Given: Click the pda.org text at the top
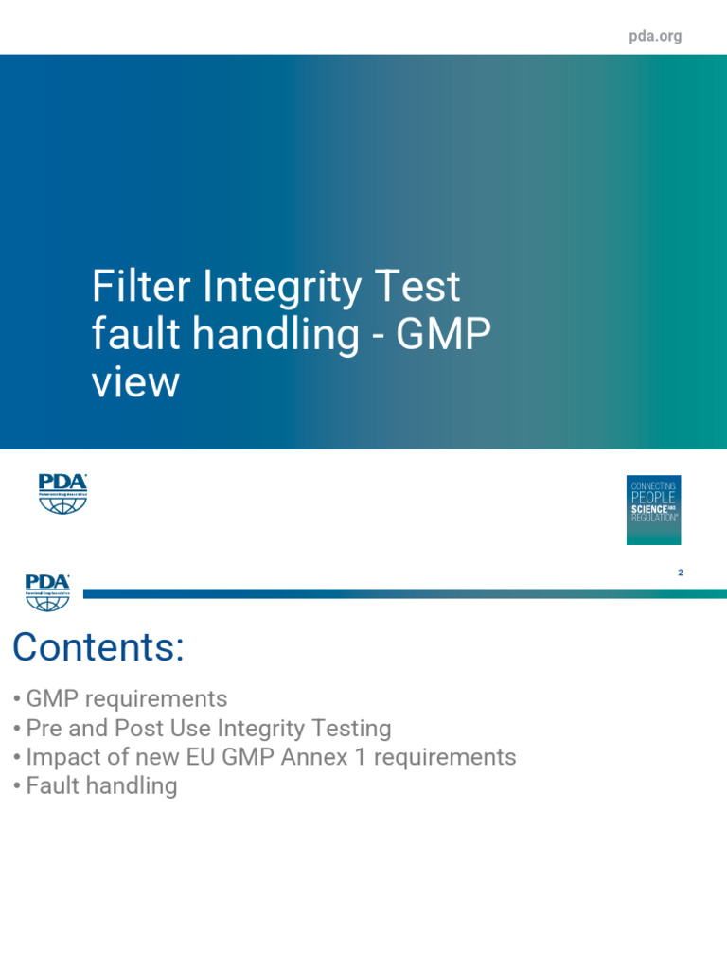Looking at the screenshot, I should pyautogui.click(x=655, y=37).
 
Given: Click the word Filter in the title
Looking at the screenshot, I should pyautogui.click(x=138, y=287).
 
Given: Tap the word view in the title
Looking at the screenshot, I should pyautogui.click(x=135, y=383).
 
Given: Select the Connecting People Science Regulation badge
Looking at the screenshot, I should pyautogui.click(x=653, y=509).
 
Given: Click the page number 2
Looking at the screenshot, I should pyautogui.click(x=681, y=573).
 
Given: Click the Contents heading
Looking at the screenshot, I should pyautogui.click(x=98, y=648).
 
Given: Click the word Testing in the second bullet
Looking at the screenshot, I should pyautogui.click(x=350, y=729).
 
